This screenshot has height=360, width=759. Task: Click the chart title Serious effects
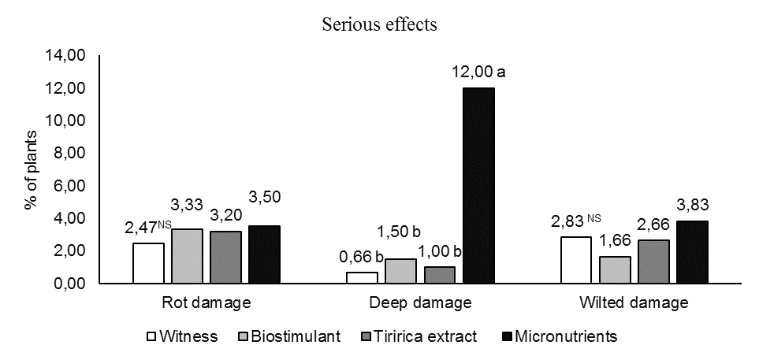tap(379, 24)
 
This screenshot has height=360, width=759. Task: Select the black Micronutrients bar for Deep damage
tap(478, 185)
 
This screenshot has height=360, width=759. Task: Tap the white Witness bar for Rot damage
tap(148, 263)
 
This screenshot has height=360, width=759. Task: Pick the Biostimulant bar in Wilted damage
tap(616, 269)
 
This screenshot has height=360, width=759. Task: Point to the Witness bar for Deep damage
tap(363, 277)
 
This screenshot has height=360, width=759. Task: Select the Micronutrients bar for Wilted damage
tap(692, 252)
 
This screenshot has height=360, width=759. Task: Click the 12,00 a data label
tap(478, 73)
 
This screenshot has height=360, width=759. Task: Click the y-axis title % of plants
tap(32, 169)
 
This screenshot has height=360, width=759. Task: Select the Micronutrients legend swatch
tap(507, 337)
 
